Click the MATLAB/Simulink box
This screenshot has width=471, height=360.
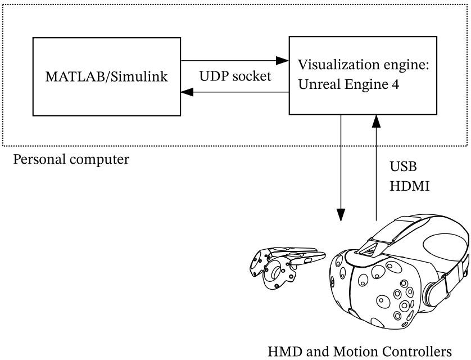pyautogui.click(x=106, y=76)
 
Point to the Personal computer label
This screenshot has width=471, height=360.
pyautogui.click(x=71, y=159)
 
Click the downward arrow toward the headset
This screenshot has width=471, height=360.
pyautogui.click(x=341, y=169)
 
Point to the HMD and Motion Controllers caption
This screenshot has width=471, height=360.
pyautogui.click(x=359, y=351)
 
